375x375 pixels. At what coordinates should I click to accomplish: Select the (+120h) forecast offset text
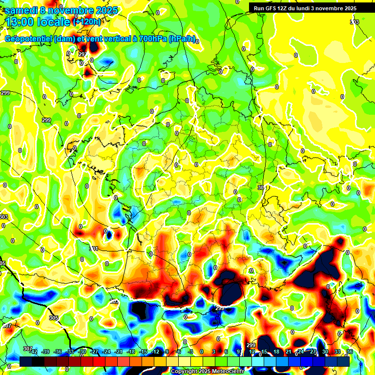87,21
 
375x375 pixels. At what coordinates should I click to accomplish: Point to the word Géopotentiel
29,39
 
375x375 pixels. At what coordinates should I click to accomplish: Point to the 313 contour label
354,22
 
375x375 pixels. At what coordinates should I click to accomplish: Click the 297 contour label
83,54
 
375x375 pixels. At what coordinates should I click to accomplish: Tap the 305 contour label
54,318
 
